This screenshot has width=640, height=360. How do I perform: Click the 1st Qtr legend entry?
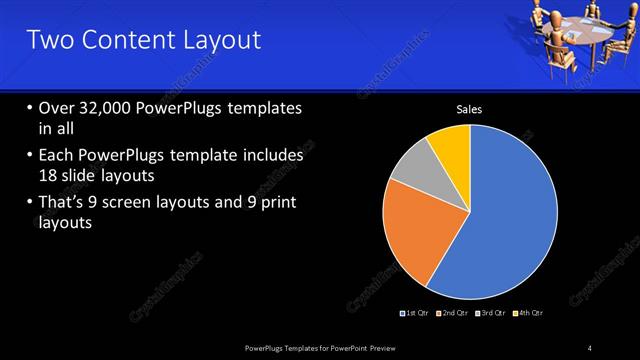coord(414,313)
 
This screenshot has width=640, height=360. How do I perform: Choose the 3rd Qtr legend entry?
coord(490,313)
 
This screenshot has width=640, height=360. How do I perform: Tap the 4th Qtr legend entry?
coord(527,313)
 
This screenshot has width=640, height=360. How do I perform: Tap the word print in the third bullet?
coord(274,204)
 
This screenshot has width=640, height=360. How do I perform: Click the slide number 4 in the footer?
coord(590,347)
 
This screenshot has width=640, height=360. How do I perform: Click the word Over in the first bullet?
coord(57,108)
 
